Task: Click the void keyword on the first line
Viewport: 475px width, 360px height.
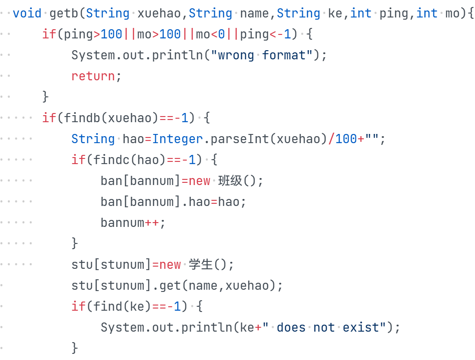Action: tap(27, 13)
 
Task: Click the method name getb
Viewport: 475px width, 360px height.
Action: tap(64, 13)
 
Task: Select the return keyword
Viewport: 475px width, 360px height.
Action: tap(93, 76)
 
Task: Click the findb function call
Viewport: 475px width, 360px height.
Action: tap(82, 118)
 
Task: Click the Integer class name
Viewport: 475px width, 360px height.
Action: tap(178, 139)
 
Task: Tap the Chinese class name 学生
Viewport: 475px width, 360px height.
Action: tap(201, 264)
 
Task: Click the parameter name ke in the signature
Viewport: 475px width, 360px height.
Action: tap(335, 13)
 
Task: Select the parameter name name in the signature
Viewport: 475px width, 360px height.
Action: tap(255, 13)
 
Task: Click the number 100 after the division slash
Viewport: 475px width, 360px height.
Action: tap(346, 139)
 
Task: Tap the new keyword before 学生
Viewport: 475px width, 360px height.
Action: tap(170, 264)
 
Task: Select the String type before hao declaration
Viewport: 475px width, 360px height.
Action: tap(93, 139)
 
